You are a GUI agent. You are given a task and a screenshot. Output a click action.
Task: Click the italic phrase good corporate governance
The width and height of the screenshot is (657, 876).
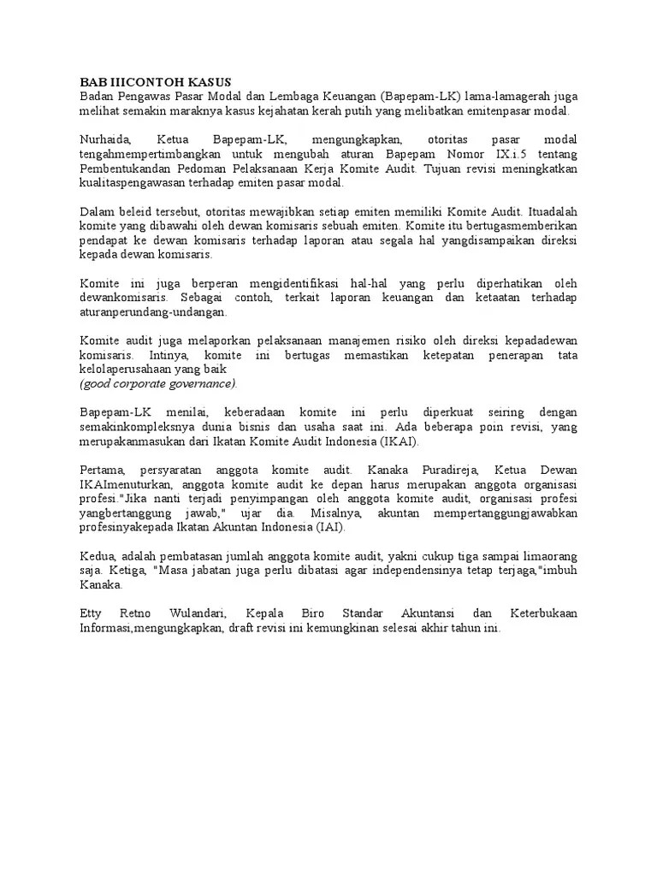(158, 383)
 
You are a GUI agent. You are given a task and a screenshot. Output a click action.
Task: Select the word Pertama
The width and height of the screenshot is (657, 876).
(103, 470)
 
